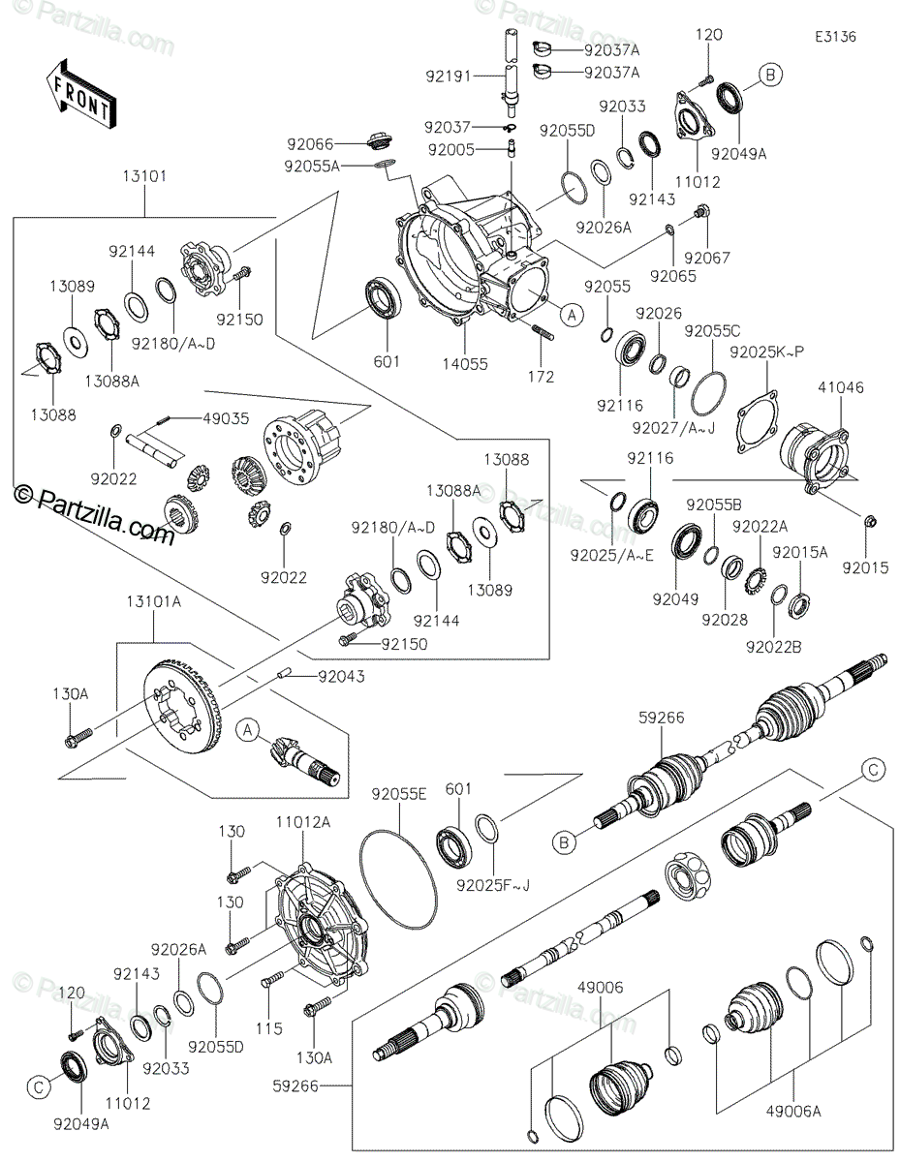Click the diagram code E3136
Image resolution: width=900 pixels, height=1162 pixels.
click(x=835, y=37)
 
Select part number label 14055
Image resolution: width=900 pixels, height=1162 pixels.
click(x=467, y=365)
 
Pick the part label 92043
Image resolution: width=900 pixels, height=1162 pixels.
click(x=340, y=676)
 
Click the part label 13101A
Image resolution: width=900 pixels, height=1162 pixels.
click(x=153, y=601)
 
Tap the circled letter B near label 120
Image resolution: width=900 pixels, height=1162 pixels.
click(x=770, y=74)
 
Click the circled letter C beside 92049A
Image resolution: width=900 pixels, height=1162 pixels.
click(x=39, y=1087)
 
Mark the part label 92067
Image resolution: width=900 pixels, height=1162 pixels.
click(x=706, y=258)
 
